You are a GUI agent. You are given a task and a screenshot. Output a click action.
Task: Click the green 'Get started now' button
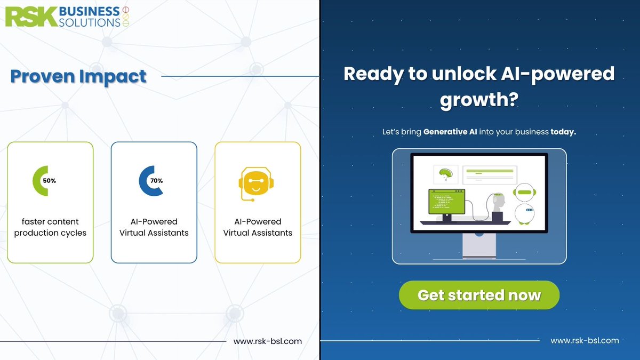479,295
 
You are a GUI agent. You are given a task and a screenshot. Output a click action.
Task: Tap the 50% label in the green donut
50,181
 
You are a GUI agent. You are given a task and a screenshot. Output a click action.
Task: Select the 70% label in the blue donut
156,181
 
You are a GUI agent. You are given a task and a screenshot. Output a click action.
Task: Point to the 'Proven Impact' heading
78,76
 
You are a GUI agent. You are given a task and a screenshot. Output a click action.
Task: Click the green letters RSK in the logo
30,17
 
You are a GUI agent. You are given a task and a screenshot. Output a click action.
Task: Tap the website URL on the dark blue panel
585,340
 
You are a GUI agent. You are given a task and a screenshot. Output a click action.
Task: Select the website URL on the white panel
268,341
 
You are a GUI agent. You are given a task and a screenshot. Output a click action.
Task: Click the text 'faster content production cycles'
50,227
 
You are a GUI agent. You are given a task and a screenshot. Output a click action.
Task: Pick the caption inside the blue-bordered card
154,227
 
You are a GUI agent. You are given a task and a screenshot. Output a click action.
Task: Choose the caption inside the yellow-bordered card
258,227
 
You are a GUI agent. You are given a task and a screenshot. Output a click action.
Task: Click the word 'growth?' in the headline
479,100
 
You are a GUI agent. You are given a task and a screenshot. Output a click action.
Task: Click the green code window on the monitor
446,202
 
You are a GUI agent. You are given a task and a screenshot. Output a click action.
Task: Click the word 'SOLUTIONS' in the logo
90,22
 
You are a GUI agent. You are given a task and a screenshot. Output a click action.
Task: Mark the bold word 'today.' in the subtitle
563,132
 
